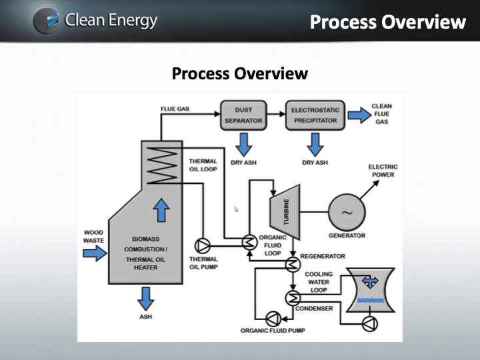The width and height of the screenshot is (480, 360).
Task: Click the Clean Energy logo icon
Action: click(45, 21)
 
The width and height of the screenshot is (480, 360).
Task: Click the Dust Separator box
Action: click(243, 115)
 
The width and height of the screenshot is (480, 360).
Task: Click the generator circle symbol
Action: click(347, 213)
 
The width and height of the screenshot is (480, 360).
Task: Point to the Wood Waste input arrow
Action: click(95, 253)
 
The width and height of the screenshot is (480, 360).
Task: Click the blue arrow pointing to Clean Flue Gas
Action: click(358, 115)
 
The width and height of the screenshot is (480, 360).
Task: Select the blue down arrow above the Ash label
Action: click(146, 297)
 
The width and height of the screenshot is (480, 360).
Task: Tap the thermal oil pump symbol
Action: click(202, 244)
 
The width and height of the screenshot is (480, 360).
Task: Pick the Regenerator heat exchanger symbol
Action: click(292, 265)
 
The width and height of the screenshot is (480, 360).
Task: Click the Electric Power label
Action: click(382, 171)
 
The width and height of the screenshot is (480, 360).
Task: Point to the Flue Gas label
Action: click(175, 109)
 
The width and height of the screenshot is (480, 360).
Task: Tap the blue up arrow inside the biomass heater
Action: click(161, 211)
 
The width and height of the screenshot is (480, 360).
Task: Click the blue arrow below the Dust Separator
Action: click(244, 144)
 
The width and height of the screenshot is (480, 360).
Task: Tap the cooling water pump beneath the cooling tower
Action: click(369, 323)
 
